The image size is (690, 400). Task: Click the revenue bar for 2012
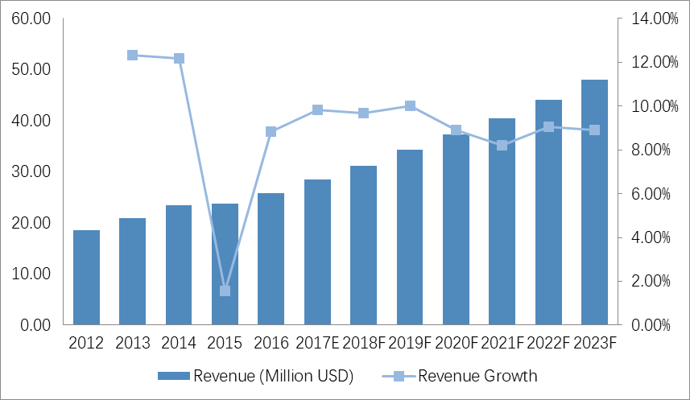click(x=86, y=278)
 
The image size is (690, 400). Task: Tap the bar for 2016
click(x=271, y=259)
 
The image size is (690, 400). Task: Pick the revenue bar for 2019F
click(x=410, y=237)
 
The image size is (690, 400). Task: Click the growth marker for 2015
click(x=225, y=291)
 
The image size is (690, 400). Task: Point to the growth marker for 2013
click(x=133, y=56)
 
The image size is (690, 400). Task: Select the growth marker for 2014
click(x=179, y=59)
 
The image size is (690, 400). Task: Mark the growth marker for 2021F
click(x=502, y=146)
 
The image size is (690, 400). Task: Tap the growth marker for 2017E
click(x=317, y=110)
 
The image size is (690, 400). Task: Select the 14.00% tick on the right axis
click(x=653, y=19)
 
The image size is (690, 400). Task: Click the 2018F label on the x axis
click(x=364, y=344)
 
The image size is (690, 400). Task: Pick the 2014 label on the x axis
click(x=179, y=344)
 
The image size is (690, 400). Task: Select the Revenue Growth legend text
click(x=477, y=376)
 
